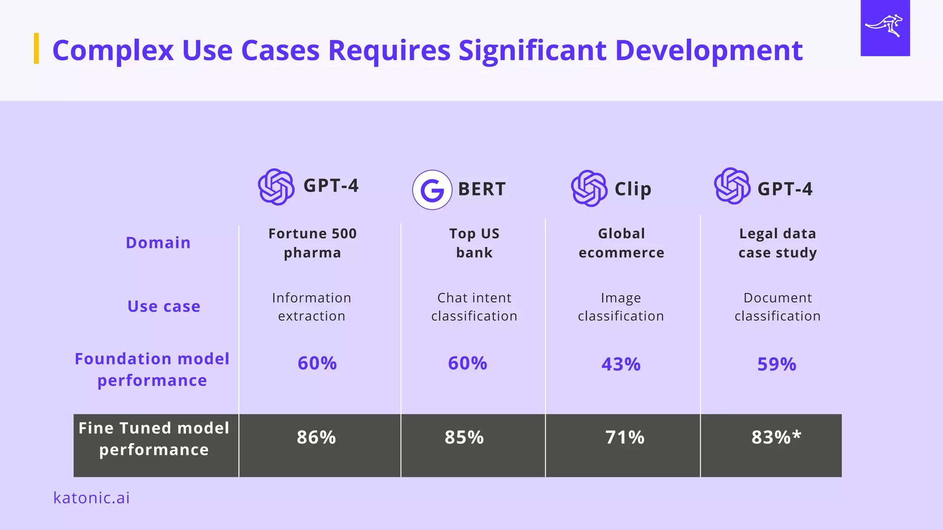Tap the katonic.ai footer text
tap(91, 498)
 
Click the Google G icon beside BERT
tap(431, 190)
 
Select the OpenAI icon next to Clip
tap(589, 188)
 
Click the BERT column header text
tap(482, 189)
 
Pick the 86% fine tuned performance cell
tap(316, 438)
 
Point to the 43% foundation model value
tap(621, 364)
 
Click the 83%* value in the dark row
tap(776, 437)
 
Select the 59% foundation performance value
tap(776, 364)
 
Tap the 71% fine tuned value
tap(624, 438)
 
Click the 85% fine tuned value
tap(464, 438)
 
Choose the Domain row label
tap(158, 242)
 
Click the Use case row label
tap(164, 306)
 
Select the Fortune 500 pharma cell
tap(312, 243)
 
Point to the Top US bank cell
tap(474, 243)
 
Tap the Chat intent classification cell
tap(474, 307)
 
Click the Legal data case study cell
tap(777, 243)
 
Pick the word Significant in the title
tap(532, 50)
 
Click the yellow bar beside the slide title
tap(36, 48)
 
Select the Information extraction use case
tap(312, 307)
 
